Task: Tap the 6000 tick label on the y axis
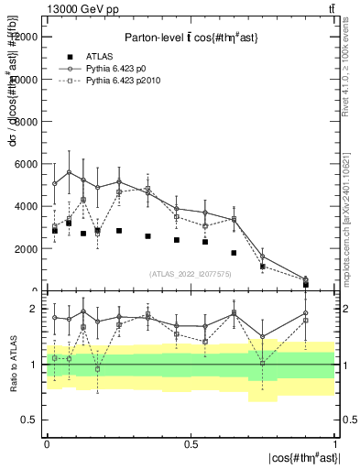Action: point(27,164)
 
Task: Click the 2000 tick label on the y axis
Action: point(27,248)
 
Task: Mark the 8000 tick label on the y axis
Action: point(27,122)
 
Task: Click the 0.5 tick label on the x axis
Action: point(191,444)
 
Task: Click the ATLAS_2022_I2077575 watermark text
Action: point(191,274)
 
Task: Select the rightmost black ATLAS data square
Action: point(306,284)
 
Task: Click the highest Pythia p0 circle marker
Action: point(70,172)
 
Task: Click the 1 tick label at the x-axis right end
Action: point(335,444)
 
